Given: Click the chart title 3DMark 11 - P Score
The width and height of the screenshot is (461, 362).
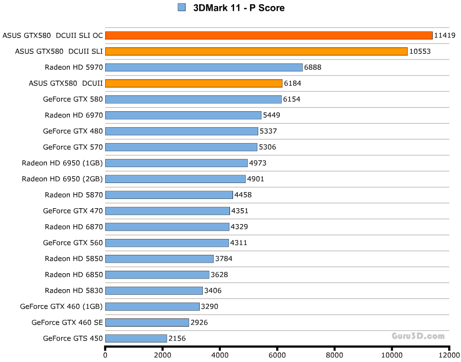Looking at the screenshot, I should tap(239, 8).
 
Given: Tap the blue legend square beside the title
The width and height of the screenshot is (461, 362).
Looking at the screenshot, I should tap(181, 7).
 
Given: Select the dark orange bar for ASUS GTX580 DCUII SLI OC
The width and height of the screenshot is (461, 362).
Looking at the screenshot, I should tap(268, 35).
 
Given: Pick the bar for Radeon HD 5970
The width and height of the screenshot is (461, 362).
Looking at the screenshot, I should tap(204, 67).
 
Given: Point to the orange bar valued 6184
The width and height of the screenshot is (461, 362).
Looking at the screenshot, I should tap(194, 83).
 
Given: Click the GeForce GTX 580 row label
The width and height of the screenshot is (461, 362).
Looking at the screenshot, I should tap(73, 99).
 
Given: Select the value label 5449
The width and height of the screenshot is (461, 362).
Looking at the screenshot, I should tap(272, 115).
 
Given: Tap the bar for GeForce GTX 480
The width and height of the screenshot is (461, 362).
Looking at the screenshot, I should tap(181, 131).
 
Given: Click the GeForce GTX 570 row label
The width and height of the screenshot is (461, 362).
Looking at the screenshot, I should tap(73, 147).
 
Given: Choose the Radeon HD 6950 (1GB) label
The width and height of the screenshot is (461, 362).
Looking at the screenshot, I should tap(62, 163).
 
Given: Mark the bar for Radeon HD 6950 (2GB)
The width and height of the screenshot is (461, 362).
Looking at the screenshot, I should tap(175, 179).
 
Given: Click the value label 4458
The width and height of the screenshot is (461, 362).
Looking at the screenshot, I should tap(243, 195).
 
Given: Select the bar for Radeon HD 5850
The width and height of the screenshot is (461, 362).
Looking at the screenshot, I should tap(159, 258).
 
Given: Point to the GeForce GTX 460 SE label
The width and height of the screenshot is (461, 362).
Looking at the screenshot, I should tap(67, 323).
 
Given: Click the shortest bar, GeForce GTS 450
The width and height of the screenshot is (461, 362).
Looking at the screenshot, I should tap(136, 338).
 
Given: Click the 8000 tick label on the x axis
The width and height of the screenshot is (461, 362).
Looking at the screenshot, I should tap(334, 355).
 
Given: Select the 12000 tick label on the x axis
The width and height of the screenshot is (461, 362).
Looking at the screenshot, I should tap(448, 355).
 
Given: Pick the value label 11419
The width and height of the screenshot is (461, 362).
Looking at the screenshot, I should tap(445, 35).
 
